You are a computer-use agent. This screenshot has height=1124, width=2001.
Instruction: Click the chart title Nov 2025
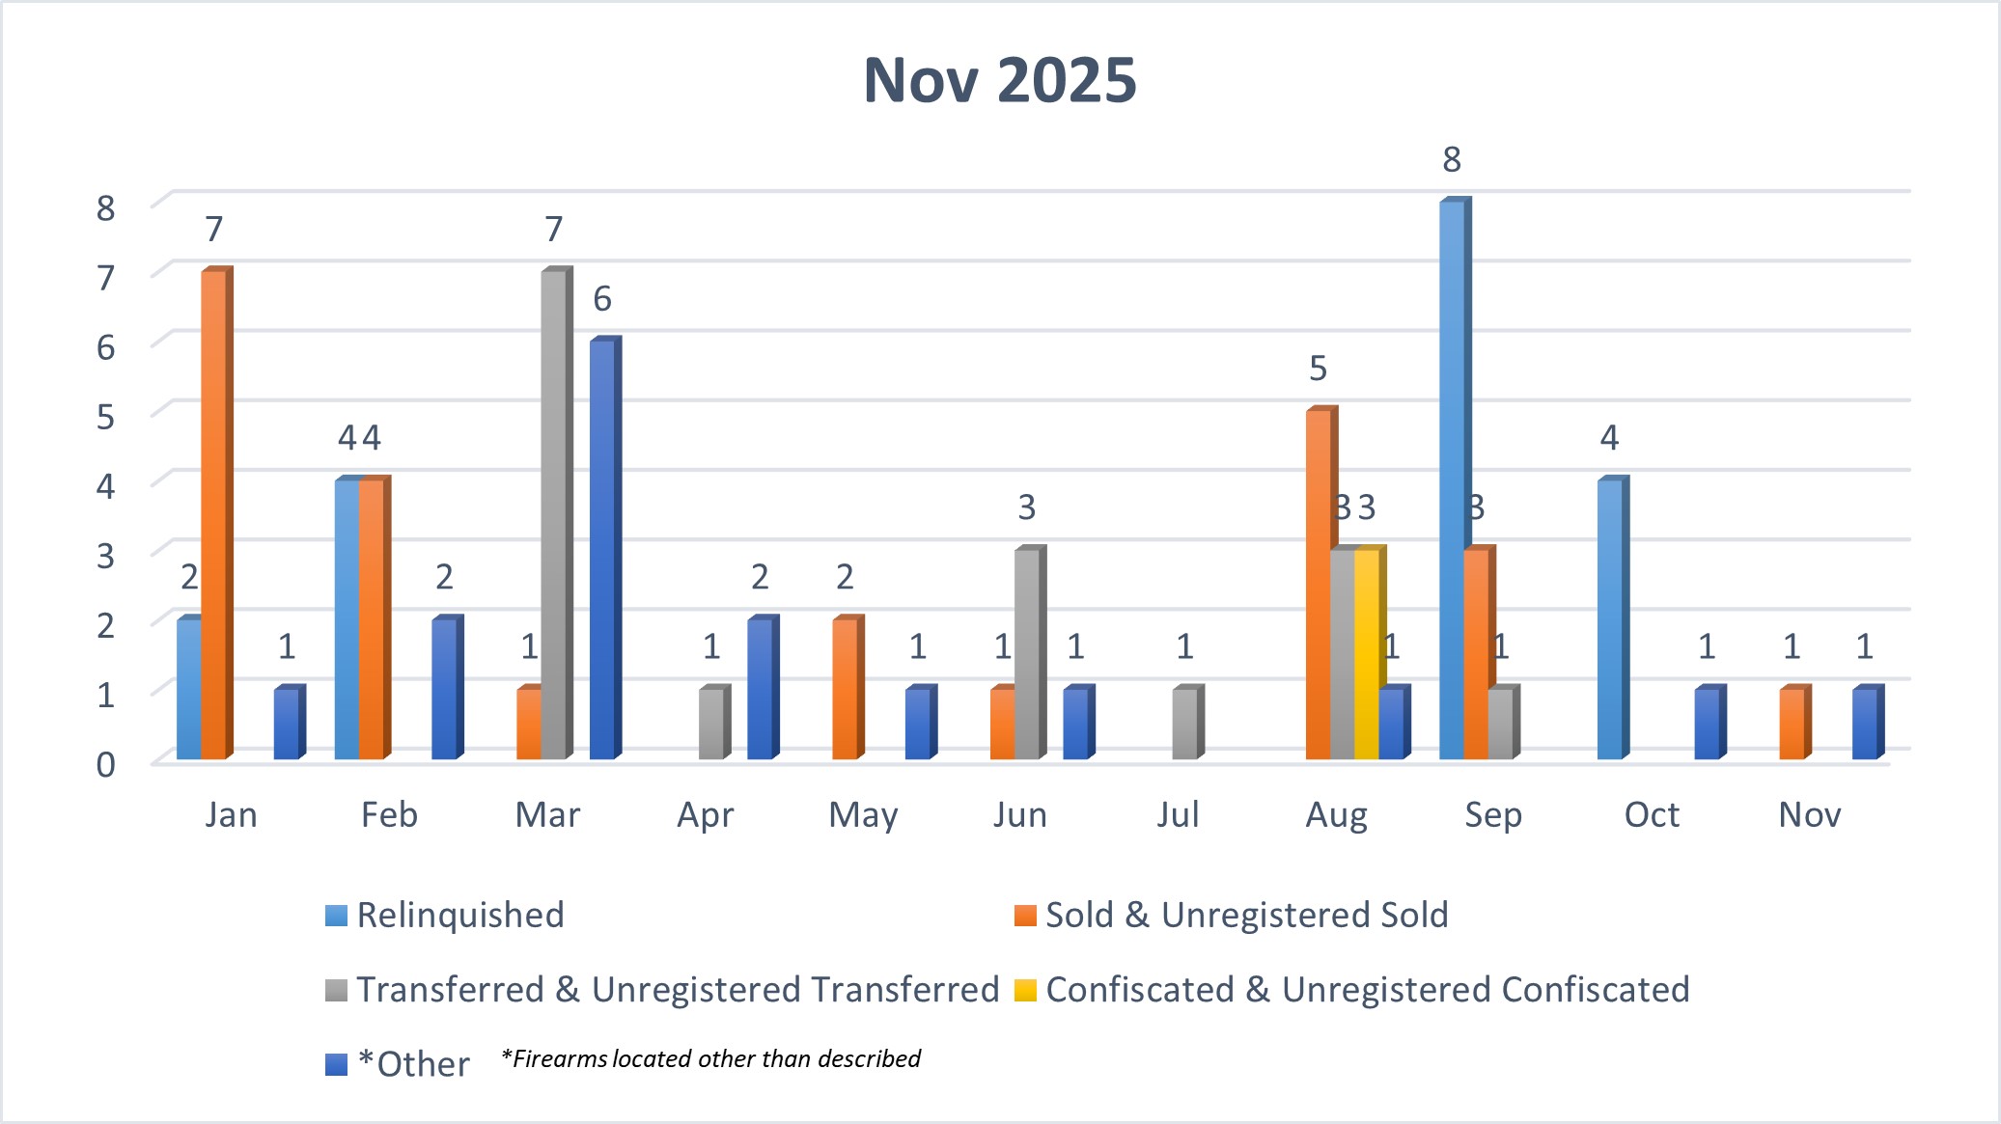1000,80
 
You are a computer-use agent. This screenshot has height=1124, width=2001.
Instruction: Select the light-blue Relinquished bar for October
1609,618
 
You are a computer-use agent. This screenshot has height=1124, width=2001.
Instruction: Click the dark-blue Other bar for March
601,549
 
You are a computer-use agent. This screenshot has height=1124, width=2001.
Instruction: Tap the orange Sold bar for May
844,689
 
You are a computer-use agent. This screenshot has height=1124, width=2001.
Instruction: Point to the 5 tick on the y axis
105,417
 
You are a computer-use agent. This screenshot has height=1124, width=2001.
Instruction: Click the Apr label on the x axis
705,815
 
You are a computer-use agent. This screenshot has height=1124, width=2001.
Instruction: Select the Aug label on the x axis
1336,815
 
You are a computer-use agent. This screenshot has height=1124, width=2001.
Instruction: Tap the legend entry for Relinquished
459,915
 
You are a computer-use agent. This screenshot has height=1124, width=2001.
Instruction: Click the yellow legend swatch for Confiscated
1024,990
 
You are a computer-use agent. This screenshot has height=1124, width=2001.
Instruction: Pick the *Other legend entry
412,1064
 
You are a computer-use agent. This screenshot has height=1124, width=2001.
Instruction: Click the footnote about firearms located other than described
710,1058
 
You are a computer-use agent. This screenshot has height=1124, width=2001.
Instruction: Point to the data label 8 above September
1452,159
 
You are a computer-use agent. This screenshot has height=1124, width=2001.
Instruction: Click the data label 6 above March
601,299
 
